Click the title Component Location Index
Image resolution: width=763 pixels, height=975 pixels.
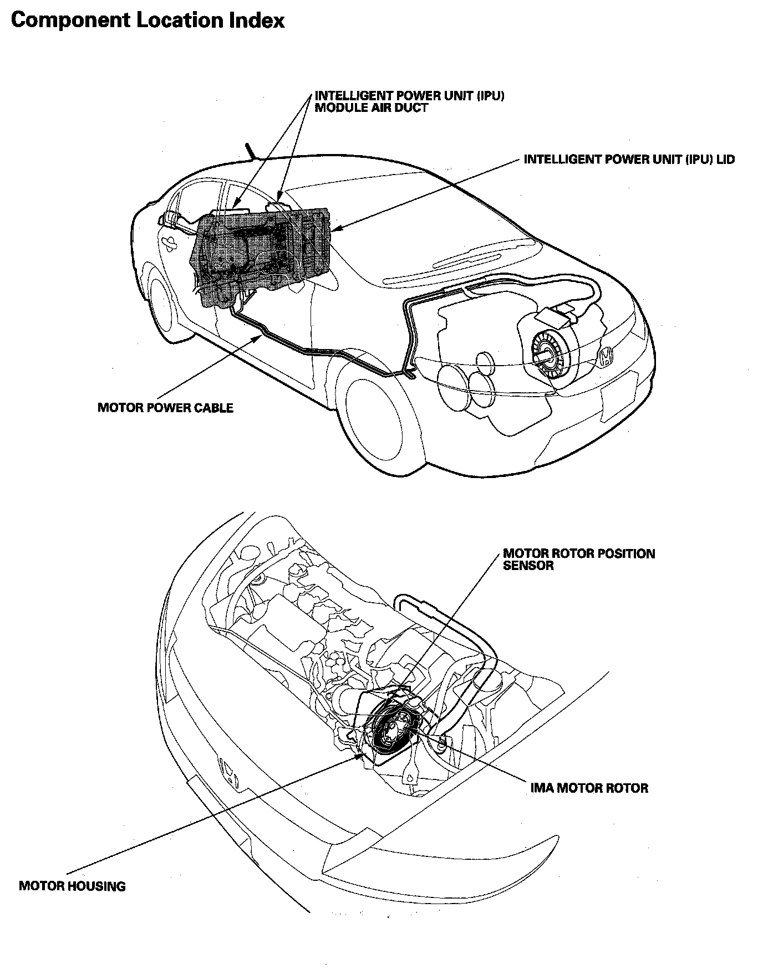tap(147, 21)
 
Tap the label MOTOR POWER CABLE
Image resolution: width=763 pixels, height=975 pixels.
tap(165, 408)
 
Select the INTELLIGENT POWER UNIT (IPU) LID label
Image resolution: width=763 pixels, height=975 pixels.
tap(629, 160)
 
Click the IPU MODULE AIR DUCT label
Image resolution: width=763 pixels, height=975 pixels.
tap(409, 101)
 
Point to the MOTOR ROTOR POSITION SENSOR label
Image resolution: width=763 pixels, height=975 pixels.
tap(578, 560)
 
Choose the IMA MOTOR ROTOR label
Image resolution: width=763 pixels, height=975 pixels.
tap(589, 788)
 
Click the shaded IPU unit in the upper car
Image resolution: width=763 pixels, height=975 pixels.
tap(261, 249)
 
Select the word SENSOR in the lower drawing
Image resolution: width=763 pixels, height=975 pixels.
tap(528, 566)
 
